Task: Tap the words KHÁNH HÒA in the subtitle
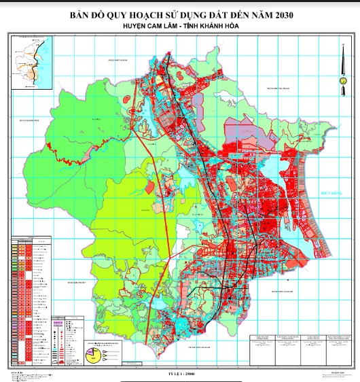click(217, 26)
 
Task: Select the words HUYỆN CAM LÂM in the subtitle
click(144, 26)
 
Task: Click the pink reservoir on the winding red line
click(50, 146)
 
